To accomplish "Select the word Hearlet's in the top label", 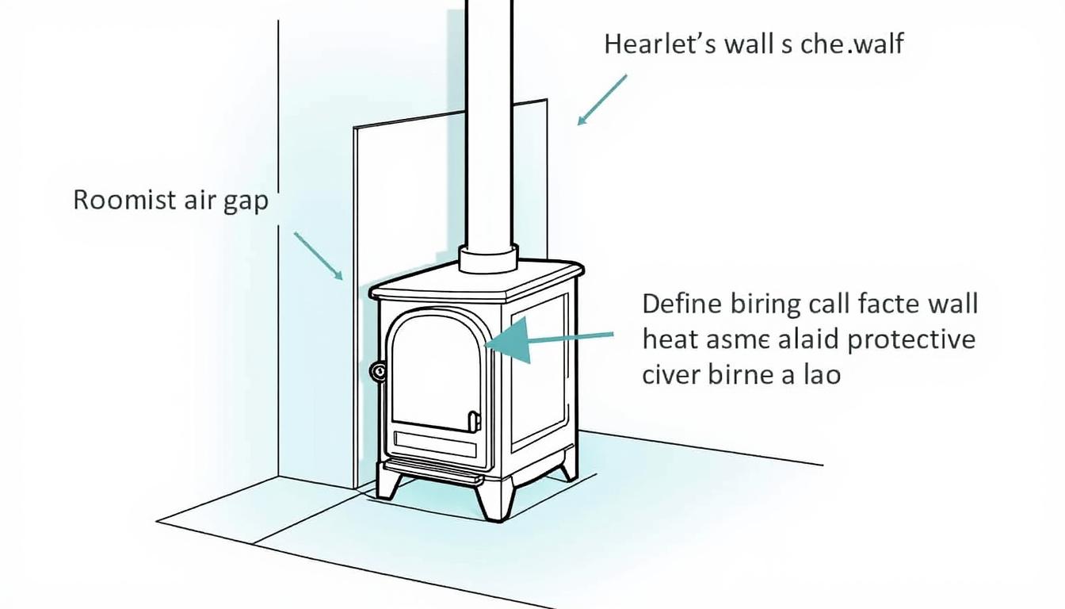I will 658,44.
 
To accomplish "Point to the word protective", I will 911,339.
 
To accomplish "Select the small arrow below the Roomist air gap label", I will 319,255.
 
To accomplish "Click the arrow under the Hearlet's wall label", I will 602,99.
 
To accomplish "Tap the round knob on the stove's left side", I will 377,370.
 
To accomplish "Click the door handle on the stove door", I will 474,420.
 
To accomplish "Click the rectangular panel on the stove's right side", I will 539,369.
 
